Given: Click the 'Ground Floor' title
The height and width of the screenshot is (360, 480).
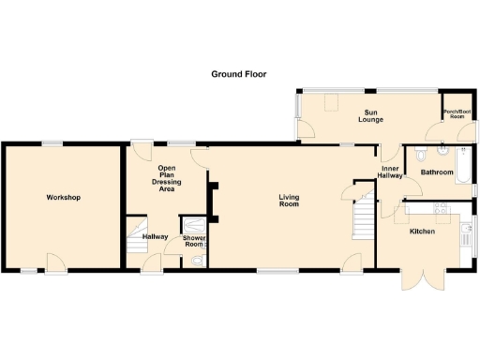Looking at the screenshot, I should pos(239,73).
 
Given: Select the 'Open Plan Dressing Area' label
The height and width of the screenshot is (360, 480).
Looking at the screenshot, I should pos(167,177).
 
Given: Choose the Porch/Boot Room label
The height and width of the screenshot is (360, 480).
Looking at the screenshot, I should pos(457,113).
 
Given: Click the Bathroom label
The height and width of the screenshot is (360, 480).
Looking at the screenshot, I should pos(437,172).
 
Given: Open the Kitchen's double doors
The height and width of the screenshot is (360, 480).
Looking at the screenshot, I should pos(420,279).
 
